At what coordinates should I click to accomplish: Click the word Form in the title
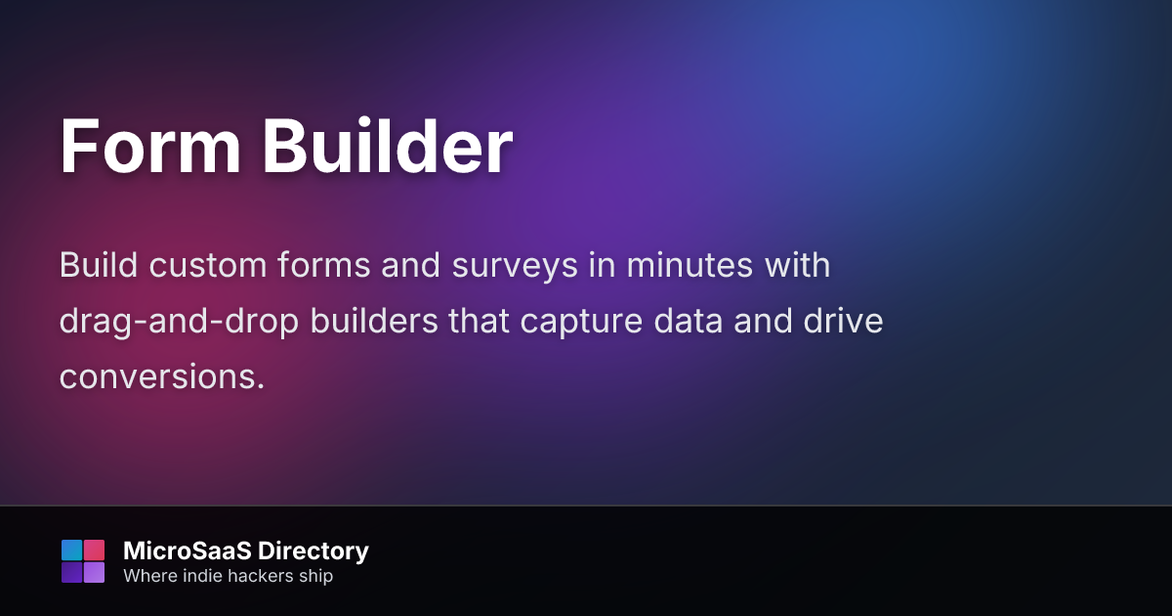[150, 146]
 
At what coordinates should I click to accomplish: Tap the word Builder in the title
[388, 145]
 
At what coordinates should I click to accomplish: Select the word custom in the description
[208, 265]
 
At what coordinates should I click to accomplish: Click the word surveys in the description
[515, 267]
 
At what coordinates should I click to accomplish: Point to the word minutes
[690, 265]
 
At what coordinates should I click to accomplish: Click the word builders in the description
[374, 321]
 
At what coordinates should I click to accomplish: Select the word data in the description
[688, 321]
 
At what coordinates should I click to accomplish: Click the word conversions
[162, 377]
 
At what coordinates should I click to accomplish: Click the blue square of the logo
[71, 550]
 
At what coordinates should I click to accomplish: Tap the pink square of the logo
[94, 550]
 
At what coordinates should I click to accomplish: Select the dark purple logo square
[71, 573]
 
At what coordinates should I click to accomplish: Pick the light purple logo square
[94, 573]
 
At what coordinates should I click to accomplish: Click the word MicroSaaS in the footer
[188, 551]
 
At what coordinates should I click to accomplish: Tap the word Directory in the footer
[314, 552]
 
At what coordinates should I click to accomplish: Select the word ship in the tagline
[316, 577]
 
